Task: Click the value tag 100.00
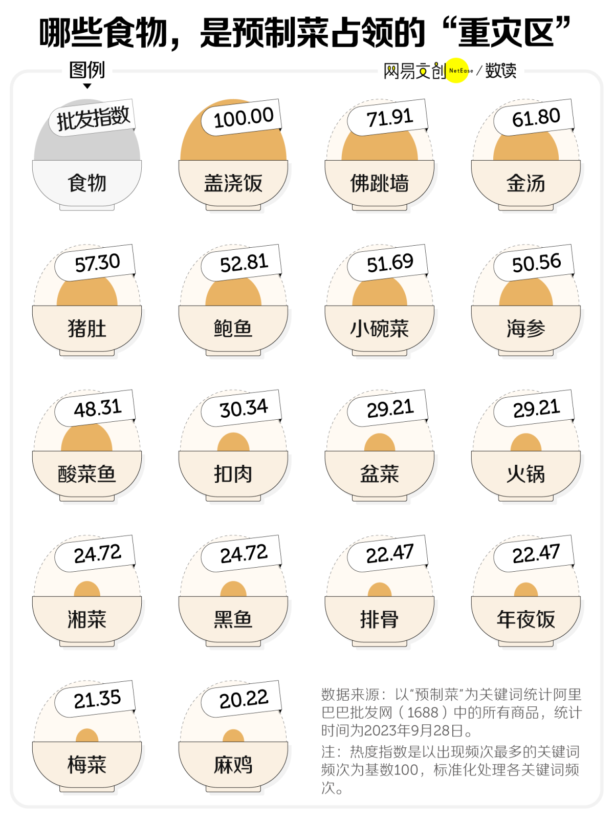[x=243, y=118]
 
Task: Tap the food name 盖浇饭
[x=233, y=183]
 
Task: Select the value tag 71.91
[x=389, y=118]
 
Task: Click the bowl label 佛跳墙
[x=380, y=183]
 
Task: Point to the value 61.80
[x=536, y=118]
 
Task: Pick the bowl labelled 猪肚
[x=87, y=329]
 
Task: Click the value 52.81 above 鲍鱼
[x=244, y=263]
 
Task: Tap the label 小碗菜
[x=380, y=329]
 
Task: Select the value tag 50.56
[x=536, y=263]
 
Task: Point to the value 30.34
[x=244, y=408]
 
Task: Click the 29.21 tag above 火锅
[x=536, y=408]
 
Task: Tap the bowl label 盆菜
[x=380, y=474]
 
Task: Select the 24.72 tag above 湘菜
[x=97, y=554]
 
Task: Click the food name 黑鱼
[x=233, y=619]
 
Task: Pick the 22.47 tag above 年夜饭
[x=536, y=554]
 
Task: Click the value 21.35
[x=97, y=699]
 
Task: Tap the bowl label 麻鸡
[x=233, y=765]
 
